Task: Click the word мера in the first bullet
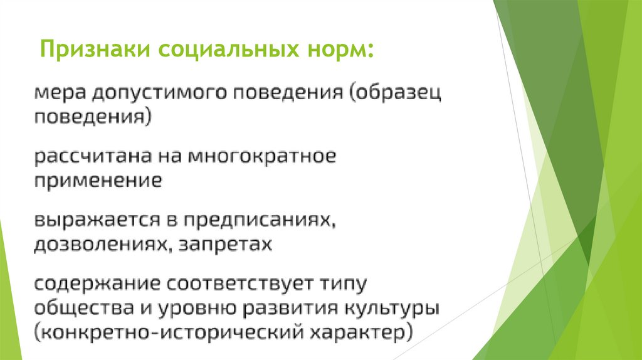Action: coord(58,95)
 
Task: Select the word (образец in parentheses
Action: coord(396,95)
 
